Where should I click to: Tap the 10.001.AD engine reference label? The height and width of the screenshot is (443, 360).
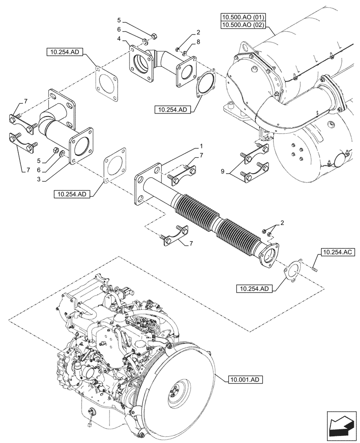click(x=247, y=379)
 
